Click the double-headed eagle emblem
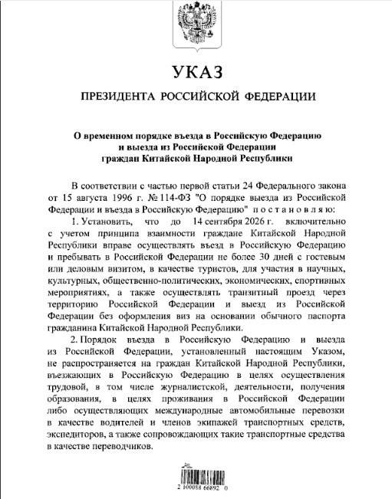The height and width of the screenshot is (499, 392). click(x=196, y=22)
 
